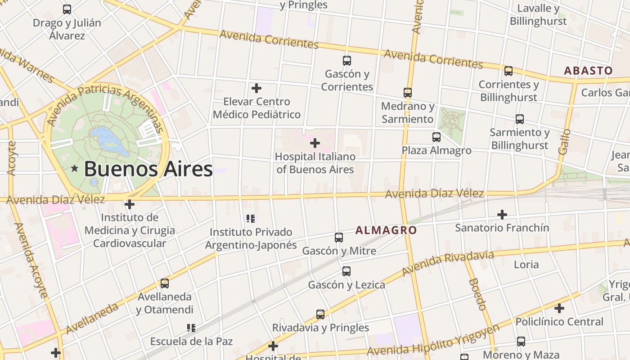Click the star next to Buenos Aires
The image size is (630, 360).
click(x=75, y=168)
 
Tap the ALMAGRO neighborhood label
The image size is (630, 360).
click(x=386, y=230)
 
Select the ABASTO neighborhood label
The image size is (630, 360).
click(x=588, y=71)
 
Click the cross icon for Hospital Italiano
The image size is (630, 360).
click(x=315, y=143)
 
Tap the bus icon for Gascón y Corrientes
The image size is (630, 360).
click(x=346, y=60)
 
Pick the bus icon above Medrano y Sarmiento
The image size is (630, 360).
click(x=407, y=93)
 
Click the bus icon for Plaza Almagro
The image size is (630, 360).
click(x=436, y=137)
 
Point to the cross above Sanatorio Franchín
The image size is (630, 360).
click(x=502, y=214)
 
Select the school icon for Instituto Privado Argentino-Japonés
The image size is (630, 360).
click(x=251, y=219)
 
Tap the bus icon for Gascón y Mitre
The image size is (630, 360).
click(x=339, y=237)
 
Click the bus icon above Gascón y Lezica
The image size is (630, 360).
click(x=346, y=271)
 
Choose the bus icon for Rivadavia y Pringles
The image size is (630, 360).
click(x=320, y=314)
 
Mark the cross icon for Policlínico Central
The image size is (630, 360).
click(x=559, y=308)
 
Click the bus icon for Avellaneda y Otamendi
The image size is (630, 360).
click(x=164, y=283)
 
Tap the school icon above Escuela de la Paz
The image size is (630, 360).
click(x=191, y=328)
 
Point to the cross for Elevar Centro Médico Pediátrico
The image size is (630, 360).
click(x=256, y=88)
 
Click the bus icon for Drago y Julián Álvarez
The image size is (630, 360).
click(x=67, y=9)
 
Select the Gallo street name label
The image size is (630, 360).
click(x=564, y=142)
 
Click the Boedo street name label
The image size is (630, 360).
click(x=477, y=294)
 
